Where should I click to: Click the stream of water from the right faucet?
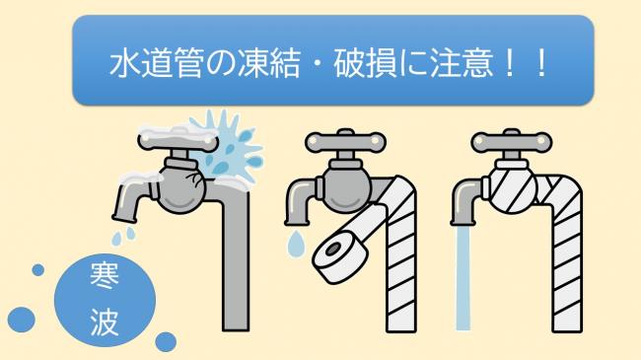(463, 286)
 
